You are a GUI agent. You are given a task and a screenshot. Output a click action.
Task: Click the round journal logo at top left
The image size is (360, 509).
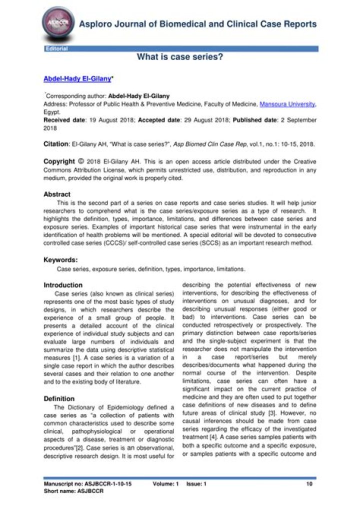(x=56, y=24)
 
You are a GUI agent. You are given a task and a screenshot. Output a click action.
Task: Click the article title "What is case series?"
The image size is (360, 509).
(x=180, y=57)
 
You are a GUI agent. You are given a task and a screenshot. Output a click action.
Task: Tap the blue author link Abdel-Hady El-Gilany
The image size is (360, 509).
(x=77, y=79)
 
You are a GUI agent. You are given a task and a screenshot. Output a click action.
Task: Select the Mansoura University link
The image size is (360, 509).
(x=287, y=104)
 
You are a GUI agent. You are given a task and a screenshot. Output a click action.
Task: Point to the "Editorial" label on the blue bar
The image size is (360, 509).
(x=56, y=48)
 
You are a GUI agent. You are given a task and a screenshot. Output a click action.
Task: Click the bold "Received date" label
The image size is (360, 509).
(x=63, y=120)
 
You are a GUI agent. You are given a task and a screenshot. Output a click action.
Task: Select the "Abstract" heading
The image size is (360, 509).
(x=57, y=194)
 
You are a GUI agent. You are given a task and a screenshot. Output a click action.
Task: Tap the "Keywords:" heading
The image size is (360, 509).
(x=60, y=259)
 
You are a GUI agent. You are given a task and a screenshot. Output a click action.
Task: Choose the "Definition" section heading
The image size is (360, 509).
(x=59, y=399)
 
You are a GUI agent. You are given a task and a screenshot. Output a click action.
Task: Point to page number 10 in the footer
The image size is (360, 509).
(x=309, y=484)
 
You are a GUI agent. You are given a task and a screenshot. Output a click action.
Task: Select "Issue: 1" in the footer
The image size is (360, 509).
(x=196, y=484)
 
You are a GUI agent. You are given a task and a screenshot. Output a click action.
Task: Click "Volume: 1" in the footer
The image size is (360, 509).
(x=165, y=484)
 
